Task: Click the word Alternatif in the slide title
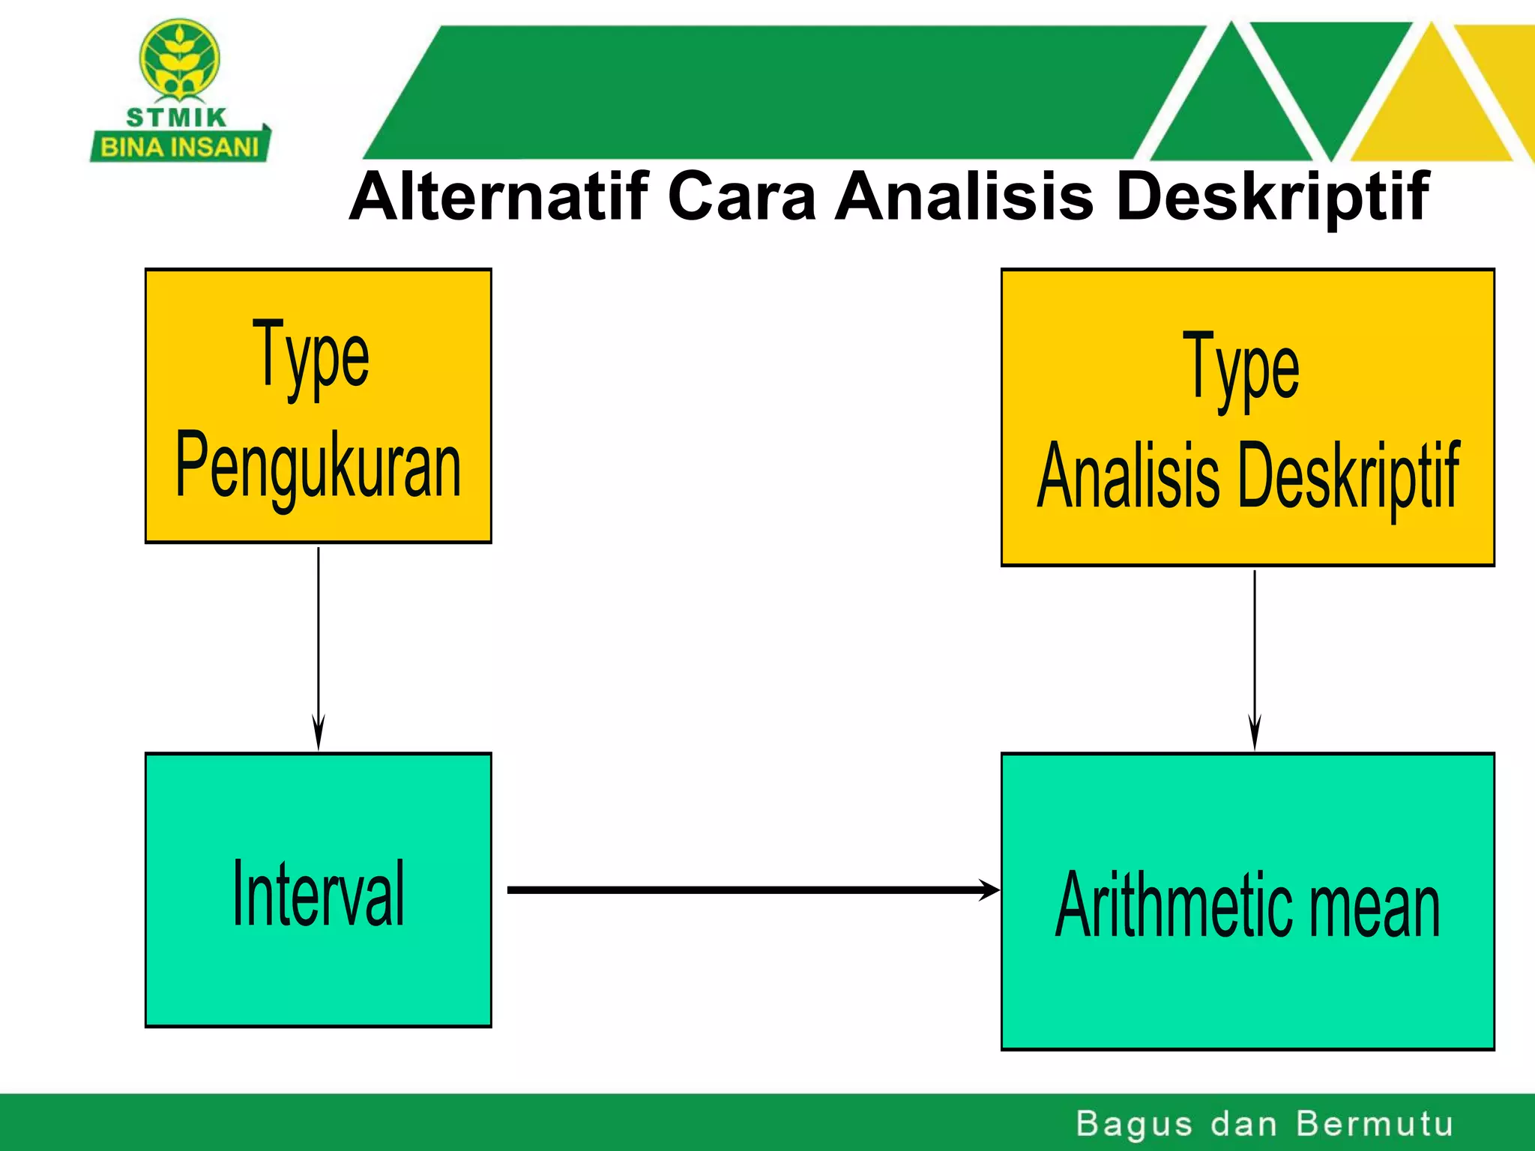click(498, 196)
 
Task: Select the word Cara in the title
click(741, 196)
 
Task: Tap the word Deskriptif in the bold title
click(1272, 196)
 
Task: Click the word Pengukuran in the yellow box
click(318, 466)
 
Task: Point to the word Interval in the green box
click(318, 893)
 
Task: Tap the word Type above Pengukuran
click(310, 355)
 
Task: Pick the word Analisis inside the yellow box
click(1129, 475)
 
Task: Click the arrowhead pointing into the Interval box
click(319, 733)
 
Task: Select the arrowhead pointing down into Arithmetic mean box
click(1255, 733)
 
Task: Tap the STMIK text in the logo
click(177, 118)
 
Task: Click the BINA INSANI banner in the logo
click(180, 147)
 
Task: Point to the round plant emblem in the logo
click(180, 60)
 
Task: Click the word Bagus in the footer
click(1133, 1124)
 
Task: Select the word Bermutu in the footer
click(1375, 1124)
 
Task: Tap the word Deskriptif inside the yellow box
click(1349, 475)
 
